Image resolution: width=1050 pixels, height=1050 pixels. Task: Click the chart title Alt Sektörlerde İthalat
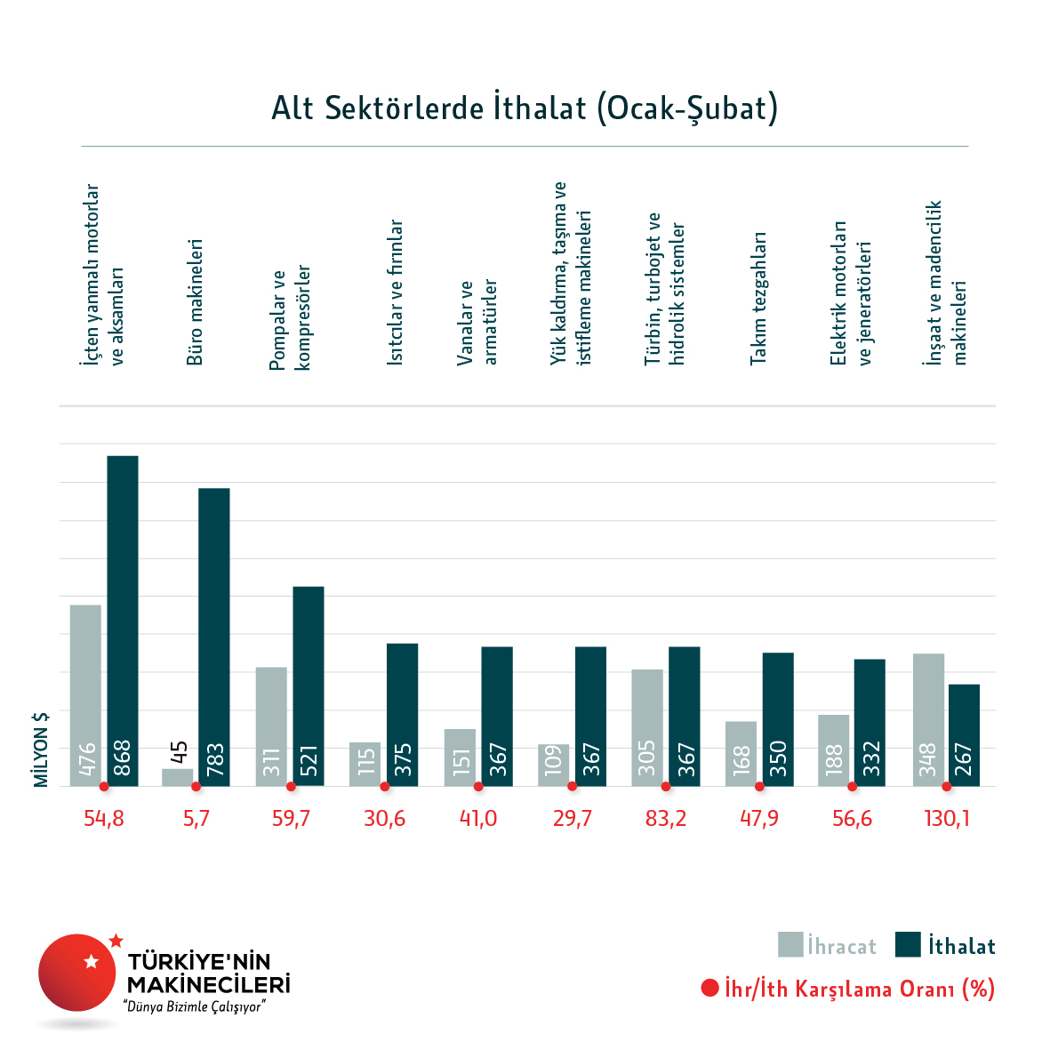525,108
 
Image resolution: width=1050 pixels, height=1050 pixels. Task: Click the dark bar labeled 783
214,637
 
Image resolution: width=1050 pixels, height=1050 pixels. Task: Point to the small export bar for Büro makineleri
177,777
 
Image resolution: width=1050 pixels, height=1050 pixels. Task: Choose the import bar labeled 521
309,685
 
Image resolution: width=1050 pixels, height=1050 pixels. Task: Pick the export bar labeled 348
928,719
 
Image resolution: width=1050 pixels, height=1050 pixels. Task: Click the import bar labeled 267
964,734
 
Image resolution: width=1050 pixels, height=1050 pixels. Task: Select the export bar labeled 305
647,727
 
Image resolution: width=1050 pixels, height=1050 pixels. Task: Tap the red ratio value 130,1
946,819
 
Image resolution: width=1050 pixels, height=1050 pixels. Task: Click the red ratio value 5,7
196,819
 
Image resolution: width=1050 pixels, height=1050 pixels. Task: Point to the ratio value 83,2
666,819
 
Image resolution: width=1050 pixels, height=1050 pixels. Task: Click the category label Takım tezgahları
757,298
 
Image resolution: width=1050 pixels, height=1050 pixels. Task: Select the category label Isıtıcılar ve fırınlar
396,293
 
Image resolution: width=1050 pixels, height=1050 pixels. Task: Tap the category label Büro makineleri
196,301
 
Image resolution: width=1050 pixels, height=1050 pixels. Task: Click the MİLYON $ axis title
41,749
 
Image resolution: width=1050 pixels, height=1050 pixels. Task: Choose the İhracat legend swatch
790,944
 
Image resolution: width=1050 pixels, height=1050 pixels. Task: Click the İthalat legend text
961,946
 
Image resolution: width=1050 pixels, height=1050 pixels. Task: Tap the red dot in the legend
709,988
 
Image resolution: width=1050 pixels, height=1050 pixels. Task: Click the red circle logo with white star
77,973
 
